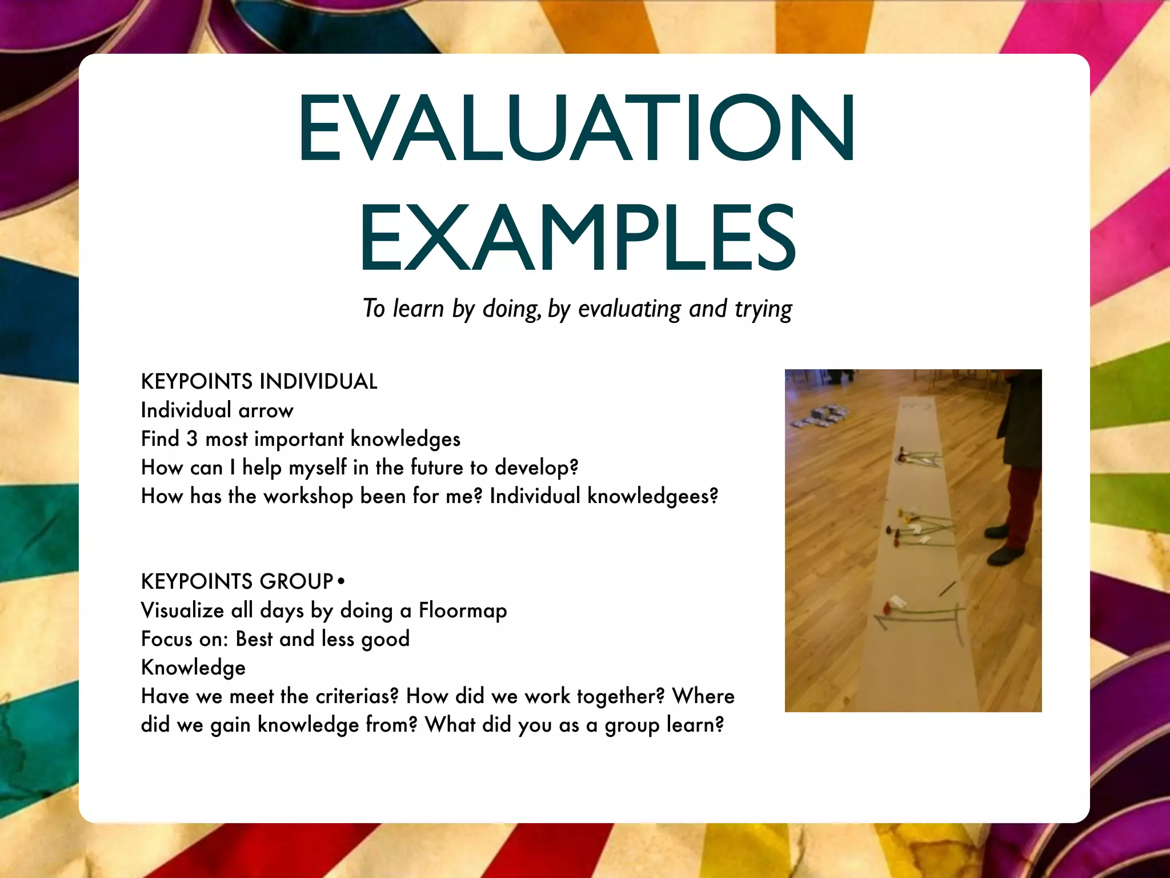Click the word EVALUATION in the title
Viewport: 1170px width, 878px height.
tap(576, 128)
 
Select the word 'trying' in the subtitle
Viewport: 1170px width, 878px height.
tap(763, 309)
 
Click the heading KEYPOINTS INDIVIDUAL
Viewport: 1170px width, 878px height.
tap(259, 382)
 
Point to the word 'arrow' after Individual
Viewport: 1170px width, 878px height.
tap(266, 411)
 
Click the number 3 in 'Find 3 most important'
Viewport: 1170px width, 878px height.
tap(192, 439)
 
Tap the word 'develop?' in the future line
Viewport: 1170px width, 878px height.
tap(536, 468)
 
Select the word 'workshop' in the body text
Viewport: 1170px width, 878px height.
tap(308, 497)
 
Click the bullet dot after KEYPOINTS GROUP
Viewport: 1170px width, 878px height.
tap(341, 581)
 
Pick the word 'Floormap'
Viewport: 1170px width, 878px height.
tap(463, 610)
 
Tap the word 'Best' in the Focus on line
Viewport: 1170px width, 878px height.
tap(254, 639)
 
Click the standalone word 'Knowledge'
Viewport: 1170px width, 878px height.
tap(193, 668)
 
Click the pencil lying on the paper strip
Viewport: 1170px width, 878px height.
tap(948, 588)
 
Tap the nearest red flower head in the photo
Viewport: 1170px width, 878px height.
tap(887, 605)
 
